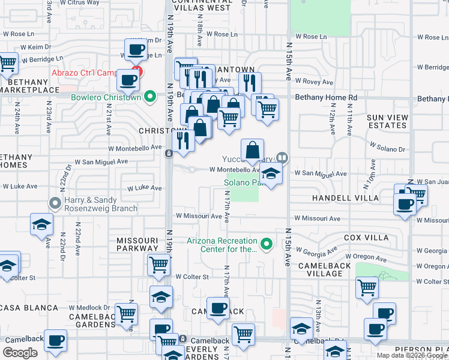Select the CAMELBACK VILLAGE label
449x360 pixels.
point(324,269)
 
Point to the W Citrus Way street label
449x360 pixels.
point(80,3)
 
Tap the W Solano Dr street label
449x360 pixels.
point(388,147)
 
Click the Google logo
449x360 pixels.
point(20,353)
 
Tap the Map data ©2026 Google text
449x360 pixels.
point(411,355)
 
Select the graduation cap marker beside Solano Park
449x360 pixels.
point(271,174)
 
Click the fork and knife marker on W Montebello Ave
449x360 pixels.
point(183,141)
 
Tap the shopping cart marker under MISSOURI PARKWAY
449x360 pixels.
point(158,265)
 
